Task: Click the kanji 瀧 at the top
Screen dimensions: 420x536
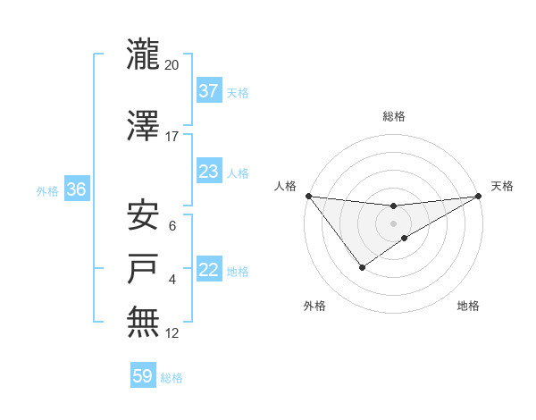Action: (144, 55)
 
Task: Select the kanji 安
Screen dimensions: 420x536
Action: (144, 215)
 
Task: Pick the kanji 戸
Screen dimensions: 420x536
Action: (144, 269)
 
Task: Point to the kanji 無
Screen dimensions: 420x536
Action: (144, 323)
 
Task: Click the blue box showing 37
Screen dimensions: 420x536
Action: (208, 91)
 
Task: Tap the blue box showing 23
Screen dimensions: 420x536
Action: (208, 172)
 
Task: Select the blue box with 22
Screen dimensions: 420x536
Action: (208, 270)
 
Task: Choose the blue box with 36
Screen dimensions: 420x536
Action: (76, 189)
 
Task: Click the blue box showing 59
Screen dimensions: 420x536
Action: (143, 377)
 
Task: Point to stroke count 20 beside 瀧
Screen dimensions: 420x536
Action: (172, 64)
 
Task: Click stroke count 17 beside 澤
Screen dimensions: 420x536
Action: (172, 136)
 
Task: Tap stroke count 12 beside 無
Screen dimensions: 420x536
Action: (172, 332)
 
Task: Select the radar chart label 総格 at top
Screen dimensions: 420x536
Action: (393, 116)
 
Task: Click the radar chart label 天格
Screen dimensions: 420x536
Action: (502, 186)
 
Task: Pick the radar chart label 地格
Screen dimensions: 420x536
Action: (468, 307)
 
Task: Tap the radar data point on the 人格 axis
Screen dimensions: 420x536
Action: (308, 196)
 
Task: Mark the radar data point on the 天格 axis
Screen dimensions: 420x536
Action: (478, 196)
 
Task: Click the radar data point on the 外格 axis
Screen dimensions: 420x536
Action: (362, 266)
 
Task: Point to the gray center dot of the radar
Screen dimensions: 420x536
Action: (393, 223)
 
